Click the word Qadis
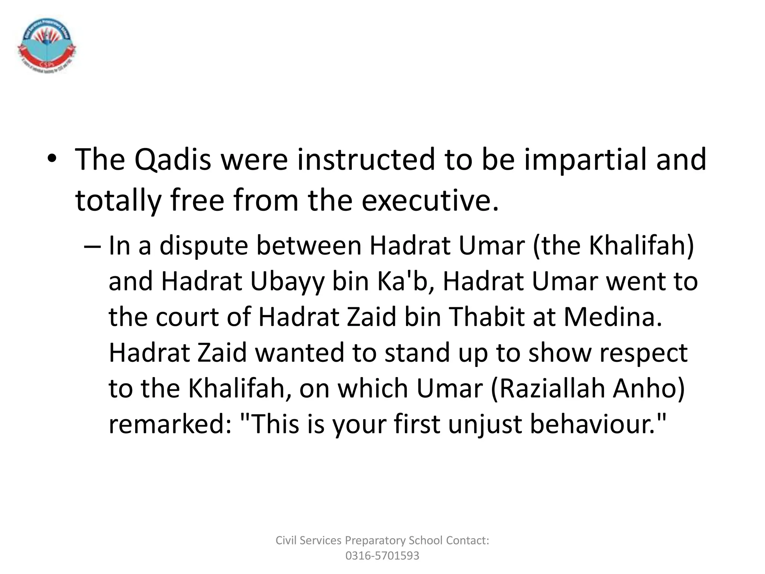pos(173,160)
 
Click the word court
pos(187,317)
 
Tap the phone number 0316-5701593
pos(382,556)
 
